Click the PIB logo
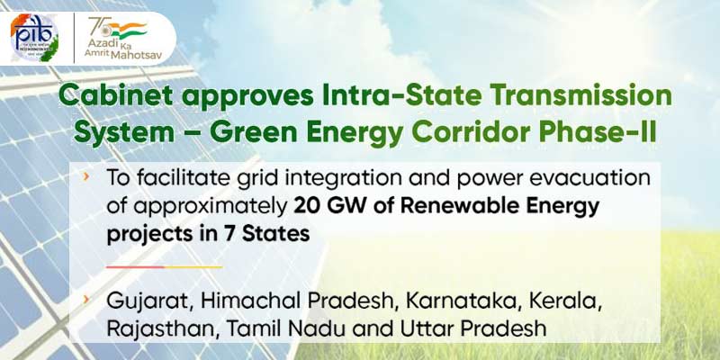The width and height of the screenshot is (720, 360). [34, 38]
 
